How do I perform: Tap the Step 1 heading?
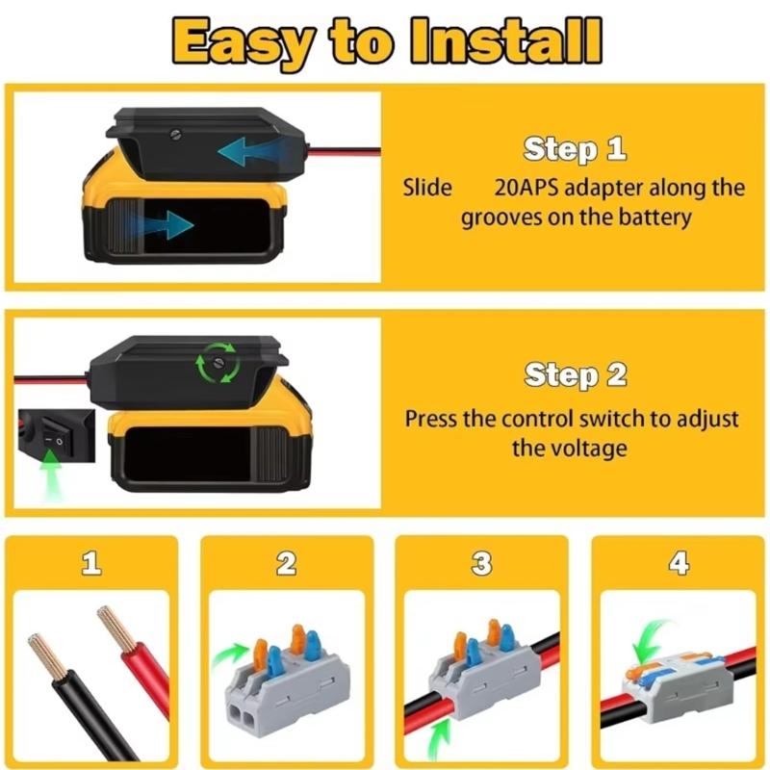click(574, 149)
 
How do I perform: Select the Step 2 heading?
click(576, 375)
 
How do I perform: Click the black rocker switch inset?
click(54, 440)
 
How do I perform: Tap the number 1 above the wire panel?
click(90, 564)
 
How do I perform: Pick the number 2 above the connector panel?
click(286, 564)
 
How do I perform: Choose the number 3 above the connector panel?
click(482, 564)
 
